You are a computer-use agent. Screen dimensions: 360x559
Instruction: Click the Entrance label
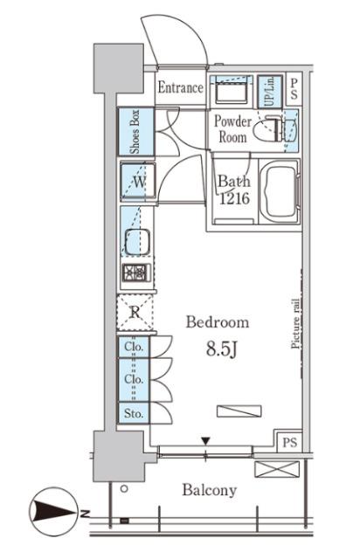[180, 87]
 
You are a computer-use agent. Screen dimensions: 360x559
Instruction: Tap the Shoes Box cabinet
[136, 132]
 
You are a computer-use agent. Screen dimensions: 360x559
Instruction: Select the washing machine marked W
[138, 181]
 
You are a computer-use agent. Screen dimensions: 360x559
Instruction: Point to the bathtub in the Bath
[280, 192]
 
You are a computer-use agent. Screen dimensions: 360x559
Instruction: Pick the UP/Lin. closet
[270, 91]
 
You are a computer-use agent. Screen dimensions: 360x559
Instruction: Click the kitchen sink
[137, 242]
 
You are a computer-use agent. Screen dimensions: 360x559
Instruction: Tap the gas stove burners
[136, 273]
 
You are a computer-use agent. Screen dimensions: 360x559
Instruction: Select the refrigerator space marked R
[135, 313]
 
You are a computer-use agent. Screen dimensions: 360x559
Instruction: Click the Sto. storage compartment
[134, 413]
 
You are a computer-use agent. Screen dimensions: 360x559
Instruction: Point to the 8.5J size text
[222, 349]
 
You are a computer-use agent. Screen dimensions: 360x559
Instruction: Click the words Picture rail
[296, 323]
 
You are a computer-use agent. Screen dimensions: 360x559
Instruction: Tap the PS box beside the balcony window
[289, 442]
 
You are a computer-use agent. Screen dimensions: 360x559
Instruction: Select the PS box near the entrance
[294, 89]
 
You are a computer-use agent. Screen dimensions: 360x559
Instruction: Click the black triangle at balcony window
[205, 441]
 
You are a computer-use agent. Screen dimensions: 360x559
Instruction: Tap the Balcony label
[210, 490]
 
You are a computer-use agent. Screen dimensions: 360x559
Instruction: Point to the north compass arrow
[54, 513]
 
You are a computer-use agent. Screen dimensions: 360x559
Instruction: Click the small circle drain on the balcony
[124, 489]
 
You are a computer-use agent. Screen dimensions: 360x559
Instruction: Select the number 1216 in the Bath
[234, 198]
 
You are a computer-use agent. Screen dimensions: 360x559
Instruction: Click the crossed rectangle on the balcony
[277, 469]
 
